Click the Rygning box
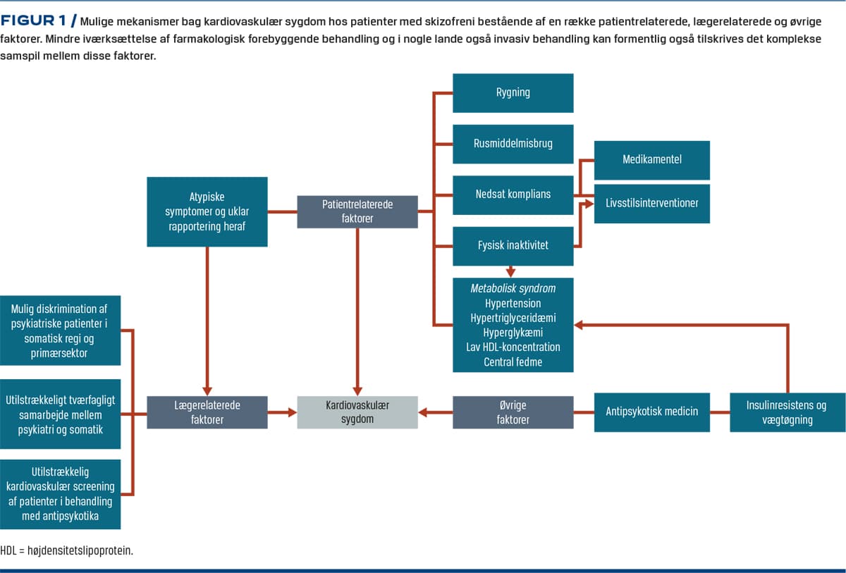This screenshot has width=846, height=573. [x=513, y=92]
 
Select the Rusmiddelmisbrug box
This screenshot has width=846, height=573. [x=513, y=143]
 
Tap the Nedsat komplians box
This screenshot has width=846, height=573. [x=513, y=195]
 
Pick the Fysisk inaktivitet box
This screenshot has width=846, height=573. [x=513, y=246]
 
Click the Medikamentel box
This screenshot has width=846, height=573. [x=651, y=160]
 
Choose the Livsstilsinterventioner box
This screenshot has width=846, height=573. [x=651, y=203]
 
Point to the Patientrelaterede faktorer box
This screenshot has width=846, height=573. [x=357, y=211]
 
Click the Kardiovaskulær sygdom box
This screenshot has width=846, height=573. [x=357, y=412]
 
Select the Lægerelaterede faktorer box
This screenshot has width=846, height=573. [x=207, y=412]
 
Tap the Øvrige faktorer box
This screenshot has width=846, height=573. [x=513, y=412]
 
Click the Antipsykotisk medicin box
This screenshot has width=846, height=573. [x=651, y=412]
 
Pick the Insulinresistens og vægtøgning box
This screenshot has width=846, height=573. [x=787, y=412]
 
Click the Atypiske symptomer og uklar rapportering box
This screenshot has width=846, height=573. [x=207, y=211]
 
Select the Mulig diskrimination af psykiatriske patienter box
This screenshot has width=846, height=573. [x=60, y=331]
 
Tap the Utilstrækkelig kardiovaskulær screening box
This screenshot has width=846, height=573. [x=60, y=493]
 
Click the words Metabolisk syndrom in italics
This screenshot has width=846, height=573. [x=513, y=288]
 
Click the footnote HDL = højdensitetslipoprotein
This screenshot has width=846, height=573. [x=67, y=550]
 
